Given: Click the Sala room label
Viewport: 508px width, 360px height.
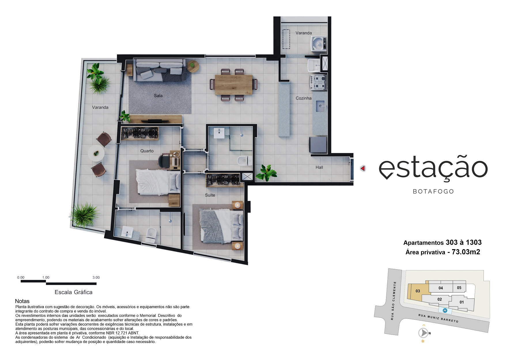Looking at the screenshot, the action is [x=158, y=96].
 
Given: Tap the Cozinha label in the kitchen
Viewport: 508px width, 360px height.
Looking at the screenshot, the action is [x=303, y=98].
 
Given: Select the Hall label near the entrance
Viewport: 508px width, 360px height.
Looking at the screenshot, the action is [x=319, y=167].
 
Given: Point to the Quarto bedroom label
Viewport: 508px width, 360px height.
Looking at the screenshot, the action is [x=147, y=151].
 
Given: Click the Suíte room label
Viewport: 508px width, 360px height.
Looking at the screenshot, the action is [x=210, y=195].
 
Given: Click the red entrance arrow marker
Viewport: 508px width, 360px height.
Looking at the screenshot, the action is [x=363, y=168].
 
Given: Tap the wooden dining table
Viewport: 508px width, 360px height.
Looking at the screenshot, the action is [x=234, y=85].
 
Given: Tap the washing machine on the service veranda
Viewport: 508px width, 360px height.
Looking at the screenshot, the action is [x=319, y=44].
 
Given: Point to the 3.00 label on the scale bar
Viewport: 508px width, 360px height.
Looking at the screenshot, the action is [x=96, y=278].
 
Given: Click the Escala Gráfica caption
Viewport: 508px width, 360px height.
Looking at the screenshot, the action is [x=73, y=292].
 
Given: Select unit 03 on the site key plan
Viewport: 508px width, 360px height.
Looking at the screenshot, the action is [x=418, y=291].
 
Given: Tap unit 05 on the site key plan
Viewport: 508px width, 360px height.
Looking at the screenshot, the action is [x=459, y=288].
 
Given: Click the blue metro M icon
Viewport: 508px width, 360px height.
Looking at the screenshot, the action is [x=445, y=311].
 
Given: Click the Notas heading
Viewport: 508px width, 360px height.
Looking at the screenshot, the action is [x=22, y=301].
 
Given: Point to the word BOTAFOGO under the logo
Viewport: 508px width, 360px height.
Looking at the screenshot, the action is [x=433, y=192].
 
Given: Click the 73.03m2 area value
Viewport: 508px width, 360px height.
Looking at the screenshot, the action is [x=466, y=252].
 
